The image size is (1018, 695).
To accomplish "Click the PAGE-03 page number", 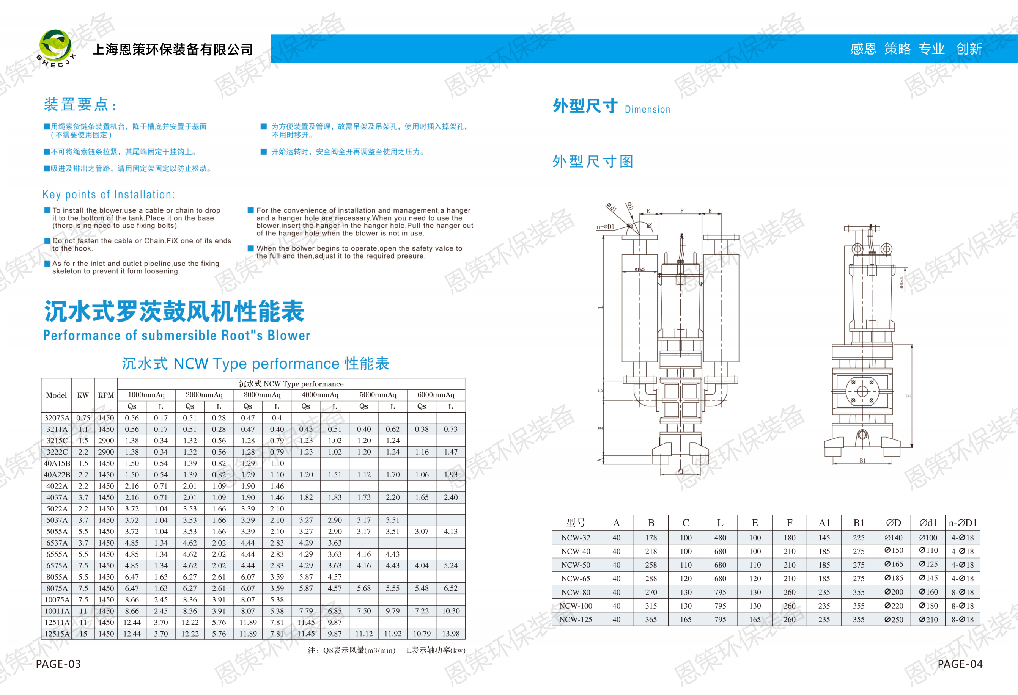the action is (58, 664).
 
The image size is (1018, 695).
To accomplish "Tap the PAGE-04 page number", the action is (960, 664).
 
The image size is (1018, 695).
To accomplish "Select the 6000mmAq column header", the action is (436, 395).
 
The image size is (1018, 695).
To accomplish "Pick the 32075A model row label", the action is (57, 418).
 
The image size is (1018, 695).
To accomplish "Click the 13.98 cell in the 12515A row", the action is (451, 634).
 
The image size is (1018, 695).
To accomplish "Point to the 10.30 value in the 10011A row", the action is (451, 611).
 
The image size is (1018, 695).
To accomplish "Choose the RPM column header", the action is (105, 395).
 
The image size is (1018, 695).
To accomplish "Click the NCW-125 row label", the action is (576, 619).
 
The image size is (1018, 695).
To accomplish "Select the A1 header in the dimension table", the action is (824, 523).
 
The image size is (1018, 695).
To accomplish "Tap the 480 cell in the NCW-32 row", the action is (720, 537).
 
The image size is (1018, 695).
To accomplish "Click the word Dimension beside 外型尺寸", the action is (647, 110).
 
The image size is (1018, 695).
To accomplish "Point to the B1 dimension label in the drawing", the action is (862, 461).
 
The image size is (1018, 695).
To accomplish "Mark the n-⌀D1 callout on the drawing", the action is (605, 227).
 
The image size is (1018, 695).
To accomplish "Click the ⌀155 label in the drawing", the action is (640, 269).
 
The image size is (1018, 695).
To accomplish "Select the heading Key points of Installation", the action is (108, 195).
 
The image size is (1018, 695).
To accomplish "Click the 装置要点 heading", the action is (80, 105).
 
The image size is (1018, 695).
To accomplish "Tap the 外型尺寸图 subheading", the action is (593, 162).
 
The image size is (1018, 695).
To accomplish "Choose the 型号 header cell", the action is (576, 523).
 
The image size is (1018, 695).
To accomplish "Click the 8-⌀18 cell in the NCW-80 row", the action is (962, 592).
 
